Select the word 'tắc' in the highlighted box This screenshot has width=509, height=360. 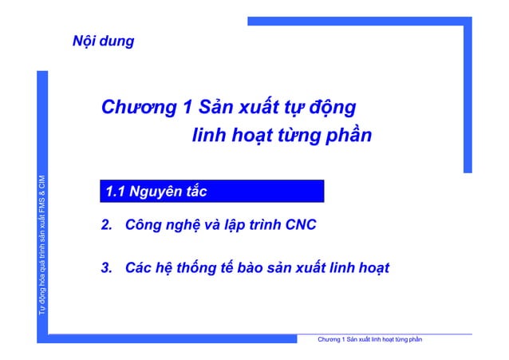click(195, 192)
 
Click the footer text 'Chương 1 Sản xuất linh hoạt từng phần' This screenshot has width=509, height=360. click(369, 341)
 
